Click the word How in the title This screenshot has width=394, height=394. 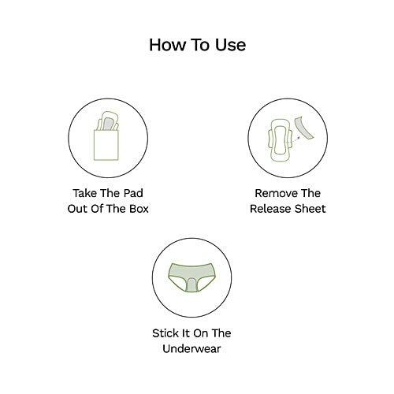pos(166,45)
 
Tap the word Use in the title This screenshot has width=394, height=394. pos(229,45)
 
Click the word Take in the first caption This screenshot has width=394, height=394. pos(87,192)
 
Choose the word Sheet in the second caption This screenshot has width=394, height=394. pos(310,209)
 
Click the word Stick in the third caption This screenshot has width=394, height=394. pos(166,333)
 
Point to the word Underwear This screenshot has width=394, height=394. pos(197,349)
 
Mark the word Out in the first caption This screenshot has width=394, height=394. pos(83,209)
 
